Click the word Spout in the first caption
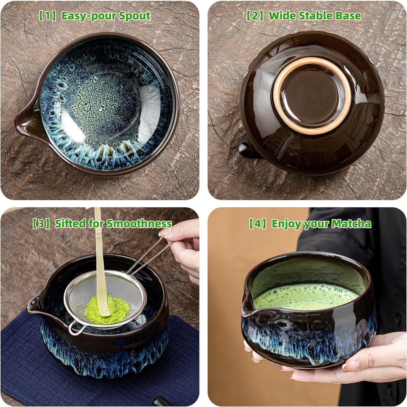point(134,16)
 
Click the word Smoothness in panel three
point(139,224)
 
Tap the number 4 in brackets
point(257,224)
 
